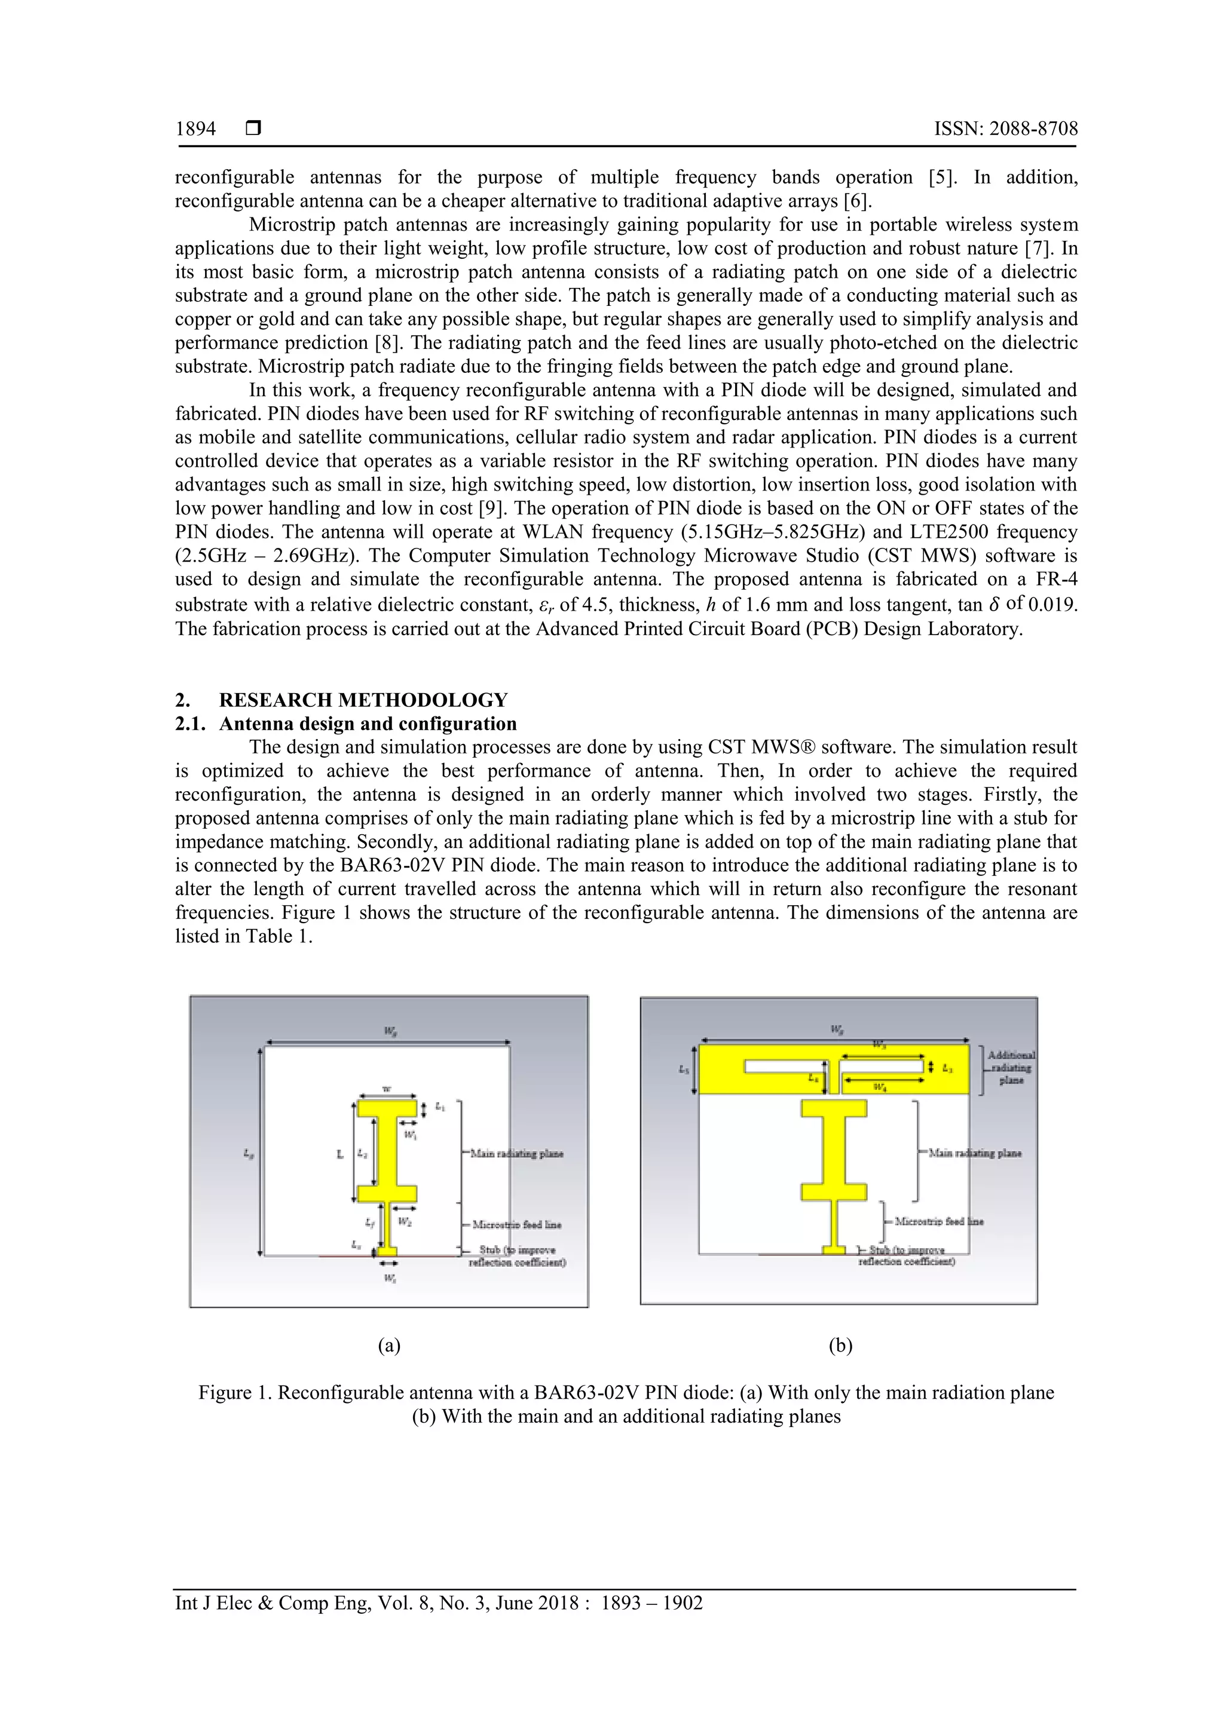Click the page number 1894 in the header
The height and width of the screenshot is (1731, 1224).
tap(195, 129)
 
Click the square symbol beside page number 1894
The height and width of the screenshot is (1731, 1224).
tap(253, 129)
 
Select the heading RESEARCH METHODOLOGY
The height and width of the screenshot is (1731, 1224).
tap(363, 700)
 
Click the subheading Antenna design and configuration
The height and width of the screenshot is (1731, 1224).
tap(368, 724)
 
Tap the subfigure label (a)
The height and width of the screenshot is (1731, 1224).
tap(388, 1345)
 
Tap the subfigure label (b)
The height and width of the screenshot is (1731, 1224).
tap(840, 1345)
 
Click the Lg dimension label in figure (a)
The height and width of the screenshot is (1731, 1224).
tap(248, 1153)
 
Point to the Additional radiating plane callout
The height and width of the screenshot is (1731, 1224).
tap(1011, 1068)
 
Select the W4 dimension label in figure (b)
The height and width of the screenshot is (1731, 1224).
tap(879, 1087)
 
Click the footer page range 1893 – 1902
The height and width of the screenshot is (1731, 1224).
tap(651, 1603)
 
